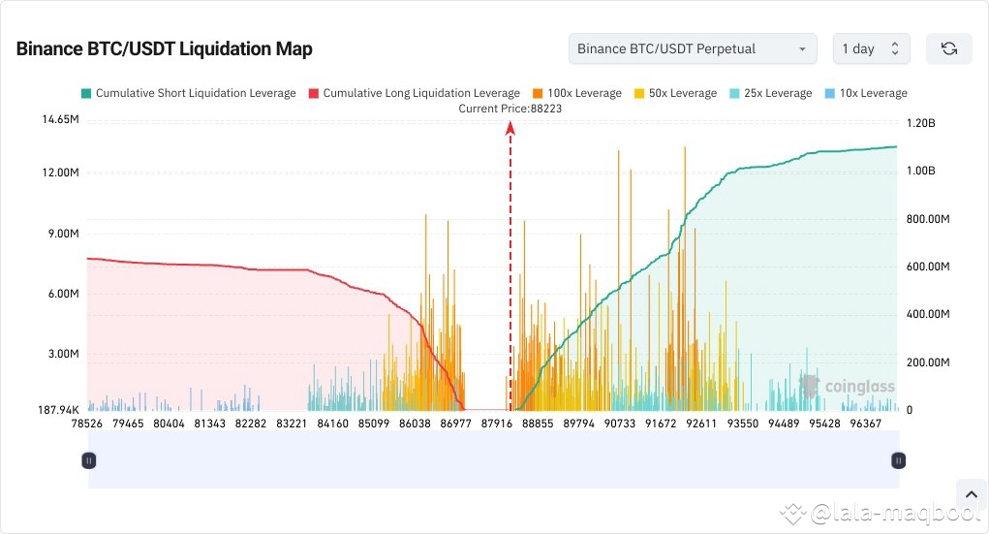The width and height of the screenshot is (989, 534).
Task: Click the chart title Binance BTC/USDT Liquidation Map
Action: (x=164, y=48)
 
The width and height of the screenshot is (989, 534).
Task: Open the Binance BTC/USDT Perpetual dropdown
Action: (x=692, y=48)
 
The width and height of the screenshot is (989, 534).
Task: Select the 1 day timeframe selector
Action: (x=870, y=48)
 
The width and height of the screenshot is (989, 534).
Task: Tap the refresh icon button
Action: (x=948, y=48)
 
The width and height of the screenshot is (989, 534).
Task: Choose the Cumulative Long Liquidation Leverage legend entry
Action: (x=414, y=93)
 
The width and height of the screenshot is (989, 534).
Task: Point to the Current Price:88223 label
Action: (x=510, y=109)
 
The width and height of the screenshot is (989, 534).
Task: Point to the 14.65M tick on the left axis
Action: (x=54, y=119)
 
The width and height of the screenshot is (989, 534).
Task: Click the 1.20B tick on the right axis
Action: (x=921, y=124)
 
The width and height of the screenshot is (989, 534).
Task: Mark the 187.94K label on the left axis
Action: (x=52, y=410)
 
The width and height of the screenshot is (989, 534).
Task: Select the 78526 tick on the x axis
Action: (x=87, y=424)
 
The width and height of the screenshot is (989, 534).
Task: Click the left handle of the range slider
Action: (x=88, y=460)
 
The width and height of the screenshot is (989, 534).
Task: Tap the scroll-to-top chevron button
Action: (x=970, y=493)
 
